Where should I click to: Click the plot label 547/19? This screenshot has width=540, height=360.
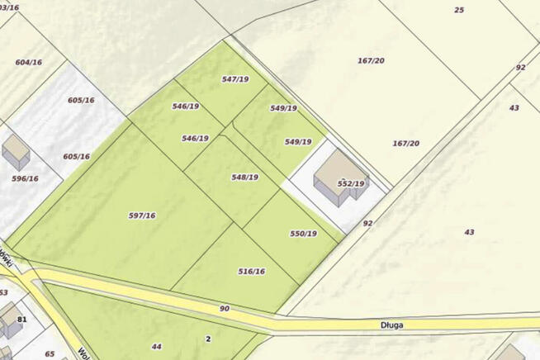(235, 79)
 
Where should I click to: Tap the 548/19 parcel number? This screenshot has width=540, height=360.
(245, 178)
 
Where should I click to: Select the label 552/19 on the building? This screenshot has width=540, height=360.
(351, 183)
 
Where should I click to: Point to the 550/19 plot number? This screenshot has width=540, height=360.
(303, 234)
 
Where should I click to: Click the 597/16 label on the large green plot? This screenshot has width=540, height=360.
(142, 216)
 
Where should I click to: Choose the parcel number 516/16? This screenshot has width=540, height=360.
(251, 272)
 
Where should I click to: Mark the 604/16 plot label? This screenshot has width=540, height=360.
(28, 62)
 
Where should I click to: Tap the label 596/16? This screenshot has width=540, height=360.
(25, 178)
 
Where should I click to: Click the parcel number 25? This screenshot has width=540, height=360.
(459, 10)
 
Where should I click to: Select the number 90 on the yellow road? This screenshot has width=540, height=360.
(224, 309)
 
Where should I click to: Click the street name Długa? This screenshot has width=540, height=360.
(393, 325)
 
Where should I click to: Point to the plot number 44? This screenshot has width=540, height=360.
(157, 346)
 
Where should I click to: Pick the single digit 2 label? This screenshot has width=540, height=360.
(208, 339)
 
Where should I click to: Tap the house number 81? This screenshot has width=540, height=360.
(22, 320)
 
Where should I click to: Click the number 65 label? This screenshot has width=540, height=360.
(50, 353)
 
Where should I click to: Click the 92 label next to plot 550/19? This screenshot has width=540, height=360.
(367, 223)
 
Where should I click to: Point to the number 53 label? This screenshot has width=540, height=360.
(3, 292)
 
